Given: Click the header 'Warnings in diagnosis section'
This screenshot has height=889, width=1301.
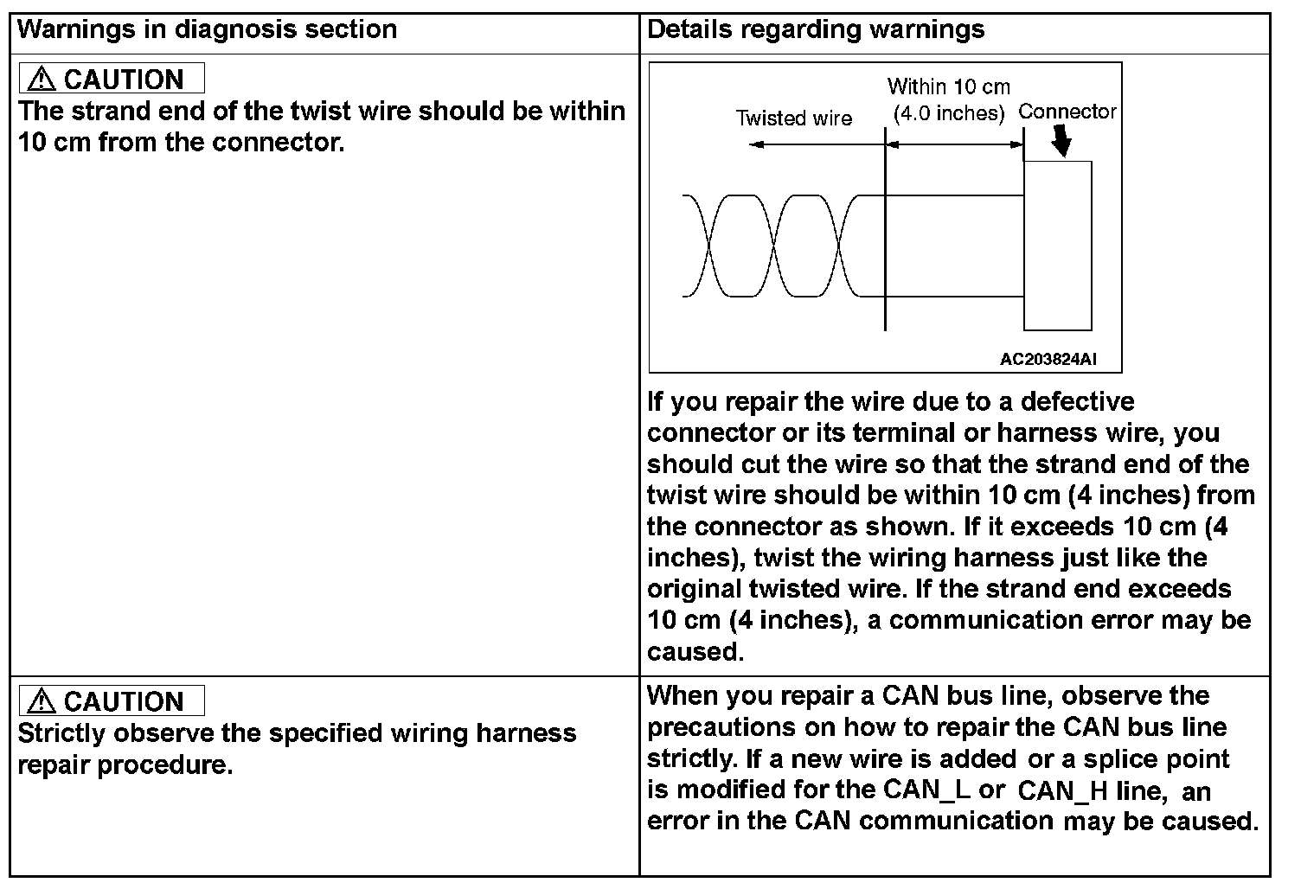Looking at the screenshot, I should pyautogui.click(x=207, y=29).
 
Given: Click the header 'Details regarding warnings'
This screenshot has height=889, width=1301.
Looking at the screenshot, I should pyautogui.click(x=815, y=29).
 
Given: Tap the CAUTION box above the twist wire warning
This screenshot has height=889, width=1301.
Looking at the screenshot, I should pyautogui.click(x=112, y=79).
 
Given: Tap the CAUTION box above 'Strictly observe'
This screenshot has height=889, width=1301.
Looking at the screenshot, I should pyautogui.click(x=112, y=700).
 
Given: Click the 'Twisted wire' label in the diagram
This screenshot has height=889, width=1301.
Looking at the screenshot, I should pyautogui.click(x=793, y=118).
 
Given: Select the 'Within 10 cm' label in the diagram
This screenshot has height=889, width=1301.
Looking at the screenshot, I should pyautogui.click(x=948, y=86).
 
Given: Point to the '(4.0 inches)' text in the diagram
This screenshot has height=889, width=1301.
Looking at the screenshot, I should pyautogui.click(x=948, y=113).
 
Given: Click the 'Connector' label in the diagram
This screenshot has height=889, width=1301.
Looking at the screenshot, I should pyautogui.click(x=1067, y=112).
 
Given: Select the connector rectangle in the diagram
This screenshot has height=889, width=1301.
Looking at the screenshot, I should pyautogui.click(x=1057, y=246).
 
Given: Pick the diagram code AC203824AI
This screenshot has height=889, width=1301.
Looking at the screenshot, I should pyautogui.click(x=1048, y=360).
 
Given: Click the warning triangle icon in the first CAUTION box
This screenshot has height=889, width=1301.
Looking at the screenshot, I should pyautogui.click(x=41, y=80).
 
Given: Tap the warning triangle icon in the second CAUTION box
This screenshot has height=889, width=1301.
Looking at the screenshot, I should pyautogui.click(x=41, y=701).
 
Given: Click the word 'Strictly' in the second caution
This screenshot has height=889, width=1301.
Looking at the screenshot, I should pyautogui.click(x=62, y=733).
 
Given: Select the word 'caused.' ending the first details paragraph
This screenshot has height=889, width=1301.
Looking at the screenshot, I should pyautogui.click(x=695, y=651).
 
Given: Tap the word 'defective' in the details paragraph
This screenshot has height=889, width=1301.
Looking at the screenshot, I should pyautogui.click(x=1077, y=402).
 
